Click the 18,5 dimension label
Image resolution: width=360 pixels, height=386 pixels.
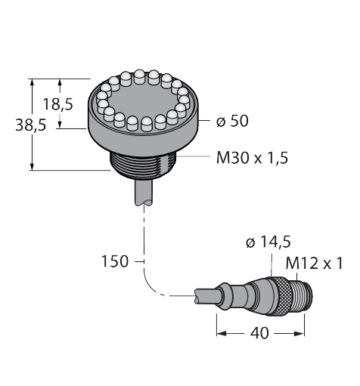pyautogui.click(x=58, y=104)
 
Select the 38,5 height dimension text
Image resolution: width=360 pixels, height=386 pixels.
pyautogui.click(x=31, y=125)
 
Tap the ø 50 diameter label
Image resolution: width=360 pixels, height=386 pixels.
pyautogui.click(x=232, y=121)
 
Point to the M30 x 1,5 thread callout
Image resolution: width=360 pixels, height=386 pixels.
pyautogui.click(x=252, y=158)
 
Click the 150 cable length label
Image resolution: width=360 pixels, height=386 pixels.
pyautogui.click(x=115, y=261)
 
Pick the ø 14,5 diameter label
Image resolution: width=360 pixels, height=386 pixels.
pyautogui.click(x=268, y=242)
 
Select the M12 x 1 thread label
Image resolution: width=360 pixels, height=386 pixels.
pyautogui.click(x=314, y=264)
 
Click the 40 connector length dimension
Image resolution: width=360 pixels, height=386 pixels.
pyautogui.click(x=260, y=333)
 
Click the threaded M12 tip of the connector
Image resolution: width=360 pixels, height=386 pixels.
pyautogui.click(x=303, y=296)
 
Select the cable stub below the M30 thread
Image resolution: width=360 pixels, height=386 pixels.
pyautogui.click(x=144, y=192)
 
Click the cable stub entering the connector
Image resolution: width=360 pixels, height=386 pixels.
pyautogui.click(x=206, y=296)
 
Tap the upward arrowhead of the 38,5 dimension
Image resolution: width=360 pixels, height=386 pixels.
pyautogui.click(x=32, y=82)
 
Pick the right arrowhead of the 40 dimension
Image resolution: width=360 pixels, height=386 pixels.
pyautogui.click(x=300, y=334)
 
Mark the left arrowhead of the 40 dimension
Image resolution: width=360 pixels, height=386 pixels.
pyautogui.click(x=221, y=334)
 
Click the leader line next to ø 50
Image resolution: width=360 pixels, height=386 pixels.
pyautogui.click(x=204, y=121)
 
